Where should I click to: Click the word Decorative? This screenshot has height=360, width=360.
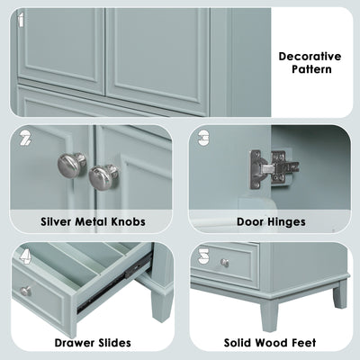pyautogui.click(x=310, y=57)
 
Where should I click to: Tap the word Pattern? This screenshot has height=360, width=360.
pyautogui.click(x=311, y=69)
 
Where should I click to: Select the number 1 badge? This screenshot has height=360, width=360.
pyautogui.click(x=21, y=20)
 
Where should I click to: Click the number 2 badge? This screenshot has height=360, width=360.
pyautogui.click(x=25, y=139)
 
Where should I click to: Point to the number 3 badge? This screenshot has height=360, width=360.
pyautogui.click(x=204, y=138)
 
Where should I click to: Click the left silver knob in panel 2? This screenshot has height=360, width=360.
pyautogui.click(x=72, y=166)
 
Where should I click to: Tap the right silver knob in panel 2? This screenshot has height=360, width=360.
pyautogui.click(x=103, y=176)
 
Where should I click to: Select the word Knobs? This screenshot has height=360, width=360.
pyautogui.click(x=129, y=222)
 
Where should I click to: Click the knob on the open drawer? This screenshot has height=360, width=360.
pyautogui.click(x=26, y=291)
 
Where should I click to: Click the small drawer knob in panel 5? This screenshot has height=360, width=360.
pyautogui.click(x=225, y=263)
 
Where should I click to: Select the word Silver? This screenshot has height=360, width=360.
pyautogui.click(x=57, y=222)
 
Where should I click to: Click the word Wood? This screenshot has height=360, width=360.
pyautogui.click(x=270, y=343)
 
